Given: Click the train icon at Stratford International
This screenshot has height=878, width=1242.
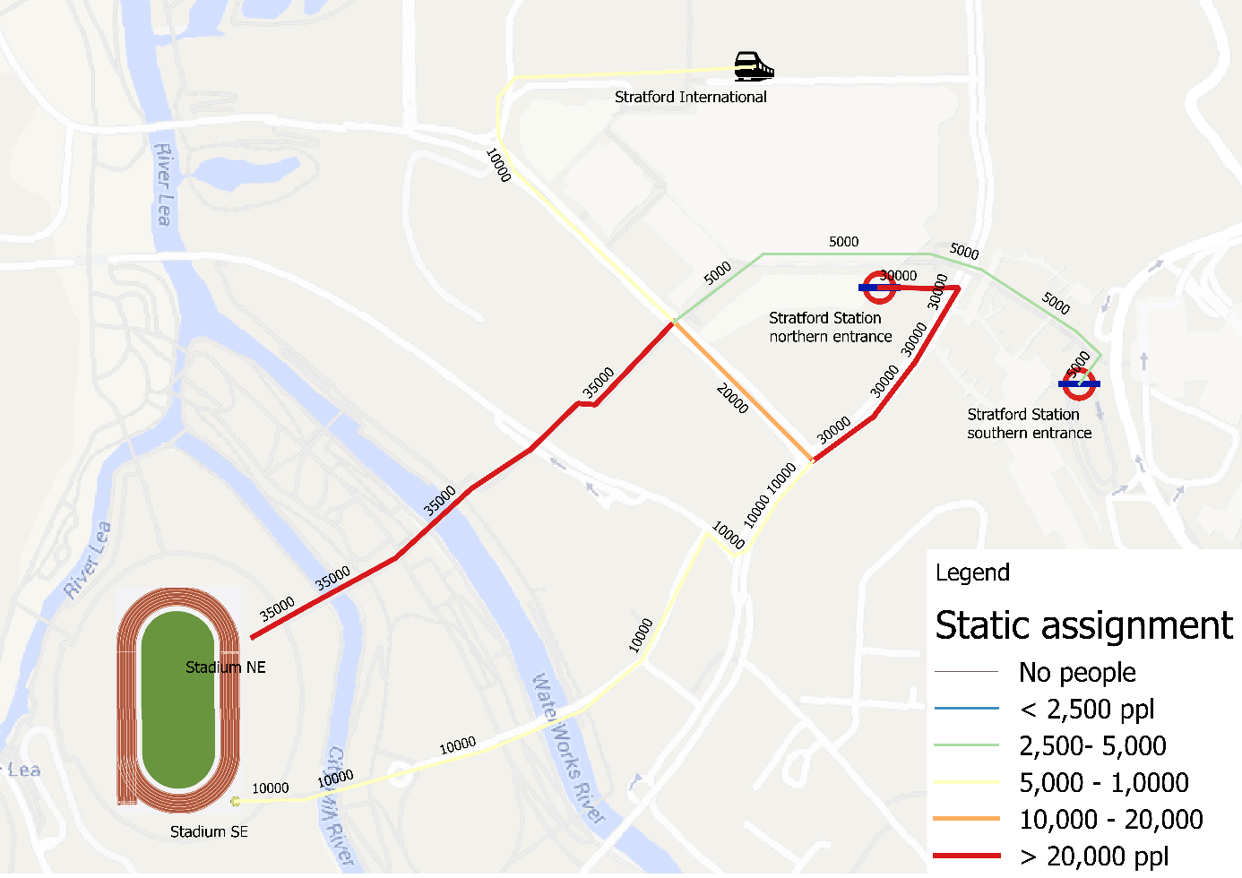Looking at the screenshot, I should pos(753,66).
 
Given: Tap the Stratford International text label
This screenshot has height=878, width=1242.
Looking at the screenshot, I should pos(690,97).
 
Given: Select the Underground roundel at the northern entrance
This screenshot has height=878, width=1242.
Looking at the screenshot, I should pos(878,288).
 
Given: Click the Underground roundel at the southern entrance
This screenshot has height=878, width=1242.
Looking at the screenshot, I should pos(1079,383).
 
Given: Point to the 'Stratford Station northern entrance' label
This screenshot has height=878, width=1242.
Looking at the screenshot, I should pos(830,327).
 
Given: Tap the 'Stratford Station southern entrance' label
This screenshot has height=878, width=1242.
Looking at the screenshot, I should pos(1029,424).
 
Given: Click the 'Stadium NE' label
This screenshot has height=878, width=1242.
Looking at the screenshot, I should pos(225,667).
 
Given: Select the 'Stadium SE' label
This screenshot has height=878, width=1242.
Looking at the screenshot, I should pos(209,831).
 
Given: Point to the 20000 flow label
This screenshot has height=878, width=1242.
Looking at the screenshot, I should pos(732,398).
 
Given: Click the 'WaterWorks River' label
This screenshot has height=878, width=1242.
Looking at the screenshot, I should pos(568,748).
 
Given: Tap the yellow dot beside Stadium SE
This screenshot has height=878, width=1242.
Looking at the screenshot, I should pos(236,801).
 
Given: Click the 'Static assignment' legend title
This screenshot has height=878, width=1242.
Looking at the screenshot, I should pos(1083,625).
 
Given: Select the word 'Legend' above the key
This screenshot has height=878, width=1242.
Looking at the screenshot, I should pos(972,572).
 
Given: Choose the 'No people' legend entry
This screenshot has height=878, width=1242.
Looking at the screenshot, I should pos(1077,672).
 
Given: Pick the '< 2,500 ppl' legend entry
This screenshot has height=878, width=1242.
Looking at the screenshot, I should pos(1086,709).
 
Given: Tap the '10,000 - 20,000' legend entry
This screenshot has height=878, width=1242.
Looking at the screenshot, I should pos(1110,819).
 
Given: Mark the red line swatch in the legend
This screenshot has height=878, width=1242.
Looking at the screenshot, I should pos(966,856).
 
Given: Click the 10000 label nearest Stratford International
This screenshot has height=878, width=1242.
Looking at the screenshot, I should pos(498,166).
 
